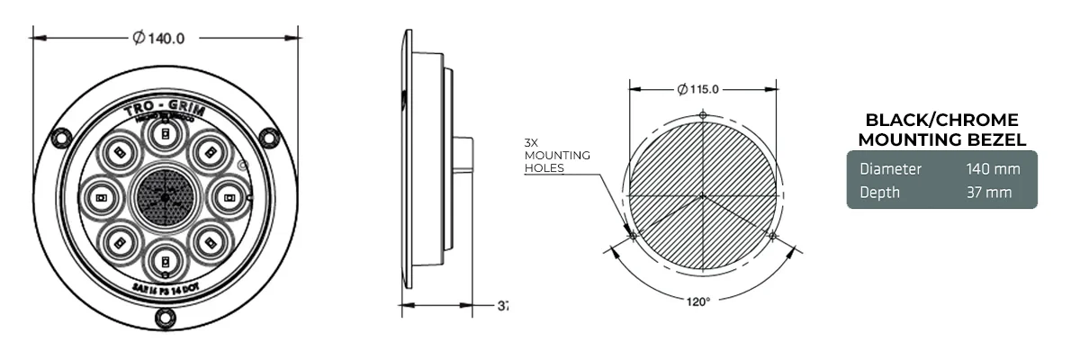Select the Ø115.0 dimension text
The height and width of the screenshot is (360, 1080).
tap(697, 89)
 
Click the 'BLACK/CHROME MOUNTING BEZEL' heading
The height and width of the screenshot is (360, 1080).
tap(941, 130)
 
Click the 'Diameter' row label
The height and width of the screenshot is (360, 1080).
tap(890, 169)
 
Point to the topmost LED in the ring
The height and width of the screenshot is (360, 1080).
tap(165, 135)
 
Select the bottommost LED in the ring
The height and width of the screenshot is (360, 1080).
tap(165, 261)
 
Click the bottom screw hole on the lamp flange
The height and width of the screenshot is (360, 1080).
tap(165, 317)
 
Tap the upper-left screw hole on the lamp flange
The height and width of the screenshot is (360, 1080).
tap(60, 137)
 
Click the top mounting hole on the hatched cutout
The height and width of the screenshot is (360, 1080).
tap(703, 114)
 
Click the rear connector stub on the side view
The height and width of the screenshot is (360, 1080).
tap(464, 153)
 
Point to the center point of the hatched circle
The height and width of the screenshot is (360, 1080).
tap(702, 194)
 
